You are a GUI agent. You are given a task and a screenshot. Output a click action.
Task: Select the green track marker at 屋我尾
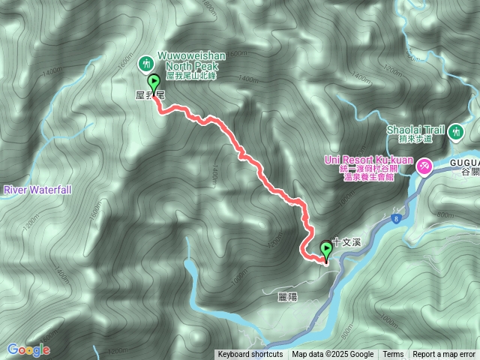[x=154, y=83]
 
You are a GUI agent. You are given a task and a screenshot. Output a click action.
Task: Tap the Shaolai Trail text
[x=415, y=129]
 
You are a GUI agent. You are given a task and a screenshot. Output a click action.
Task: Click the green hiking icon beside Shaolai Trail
[x=455, y=133]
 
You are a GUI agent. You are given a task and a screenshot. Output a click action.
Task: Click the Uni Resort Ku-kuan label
[x=367, y=160]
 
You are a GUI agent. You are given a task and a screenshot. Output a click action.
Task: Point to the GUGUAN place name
[x=464, y=161]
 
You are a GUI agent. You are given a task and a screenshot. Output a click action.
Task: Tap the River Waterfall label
[x=37, y=190]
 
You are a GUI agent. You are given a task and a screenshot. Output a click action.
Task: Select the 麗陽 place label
[x=287, y=297]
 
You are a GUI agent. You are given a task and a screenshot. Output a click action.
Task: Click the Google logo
[x=28, y=349]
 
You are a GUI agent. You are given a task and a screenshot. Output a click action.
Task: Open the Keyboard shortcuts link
[x=250, y=355]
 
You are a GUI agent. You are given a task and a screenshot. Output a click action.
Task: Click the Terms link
[x=393, y=355]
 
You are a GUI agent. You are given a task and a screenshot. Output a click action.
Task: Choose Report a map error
[x=444, y=355]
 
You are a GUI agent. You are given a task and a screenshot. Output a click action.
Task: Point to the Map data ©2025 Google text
[x=332, y=355]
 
